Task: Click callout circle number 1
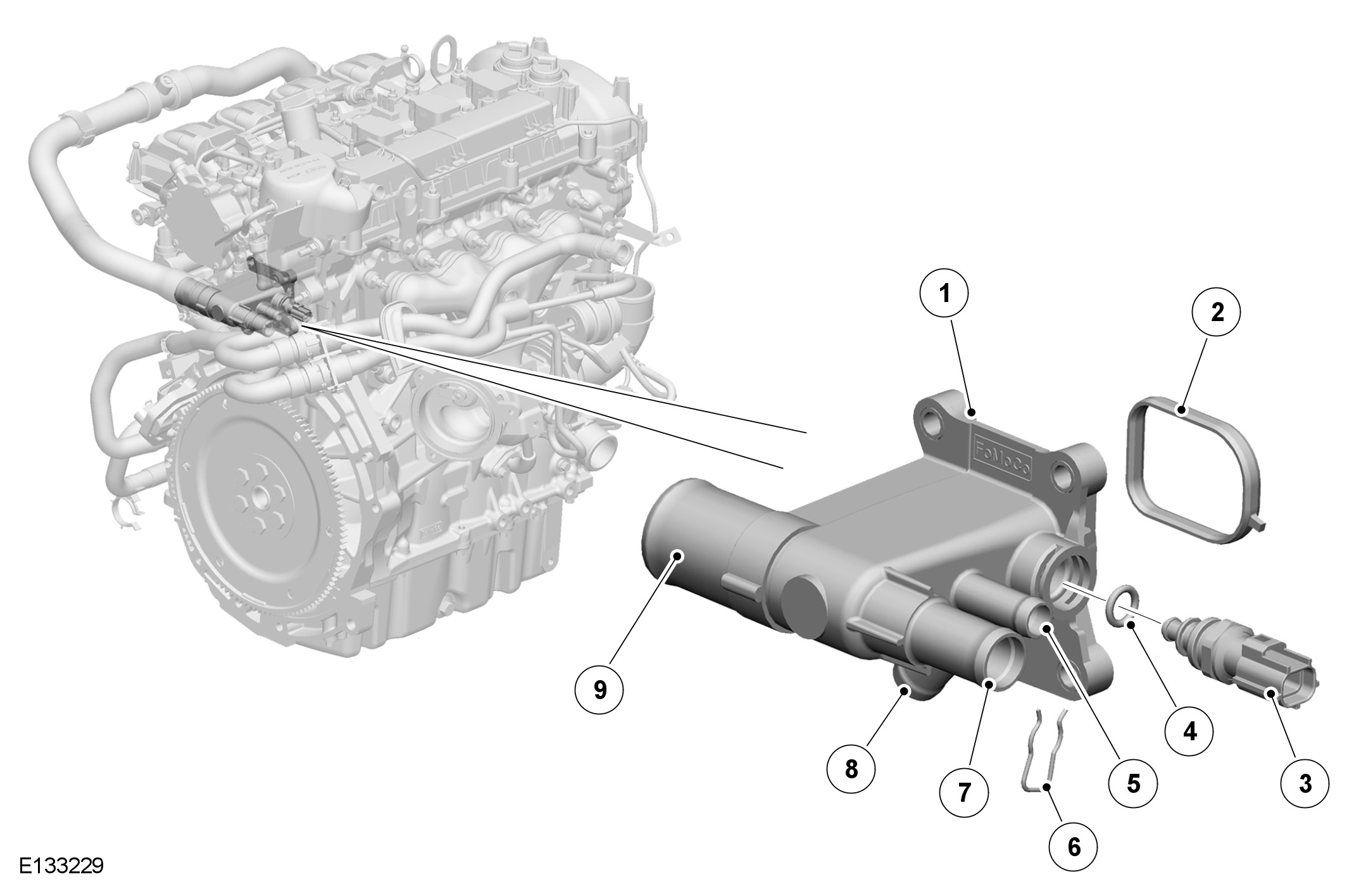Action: tap(944, 294)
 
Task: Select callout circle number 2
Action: tap(1216, 312)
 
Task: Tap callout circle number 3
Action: tap(1305, 784)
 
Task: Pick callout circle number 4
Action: tap(1189, 732)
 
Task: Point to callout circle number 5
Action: tap(1133, 784)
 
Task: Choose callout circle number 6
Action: tap(1074, 847)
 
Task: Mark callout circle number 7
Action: tap(964, 792)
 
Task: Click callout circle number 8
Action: tap(851, 769)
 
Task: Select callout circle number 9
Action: tap(599, 690)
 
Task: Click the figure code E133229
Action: tap(61, 866)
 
